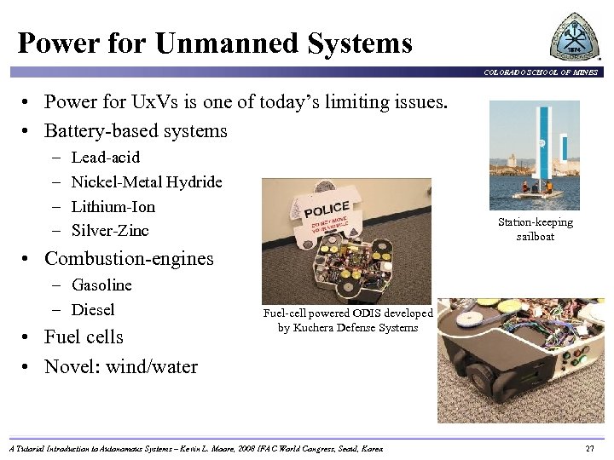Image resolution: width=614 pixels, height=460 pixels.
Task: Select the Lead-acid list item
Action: (x=106, y=158)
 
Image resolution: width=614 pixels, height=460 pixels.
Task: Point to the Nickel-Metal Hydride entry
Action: (x=147, y=181)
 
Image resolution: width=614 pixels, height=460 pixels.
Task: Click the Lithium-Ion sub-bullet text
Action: (x=113, y=206)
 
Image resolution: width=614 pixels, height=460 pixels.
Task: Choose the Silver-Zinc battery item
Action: (x=110, y=230)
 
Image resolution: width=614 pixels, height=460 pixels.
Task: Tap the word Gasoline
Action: (x=101, y=285)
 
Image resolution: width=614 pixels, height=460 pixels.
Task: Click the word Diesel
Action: (x=93, y=309)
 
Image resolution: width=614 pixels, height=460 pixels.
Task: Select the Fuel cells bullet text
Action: (x=84, y=336)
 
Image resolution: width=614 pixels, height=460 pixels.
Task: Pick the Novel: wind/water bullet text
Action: (x=120, y=367)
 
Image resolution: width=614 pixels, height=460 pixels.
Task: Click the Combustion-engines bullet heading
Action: (x=129, y=258)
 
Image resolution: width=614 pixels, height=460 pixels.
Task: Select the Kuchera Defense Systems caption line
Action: (x=348, y=327)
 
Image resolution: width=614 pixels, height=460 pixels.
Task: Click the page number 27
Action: (x=590, y=448)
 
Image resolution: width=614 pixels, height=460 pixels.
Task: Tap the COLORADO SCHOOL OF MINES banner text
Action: (x=542, y=72)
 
